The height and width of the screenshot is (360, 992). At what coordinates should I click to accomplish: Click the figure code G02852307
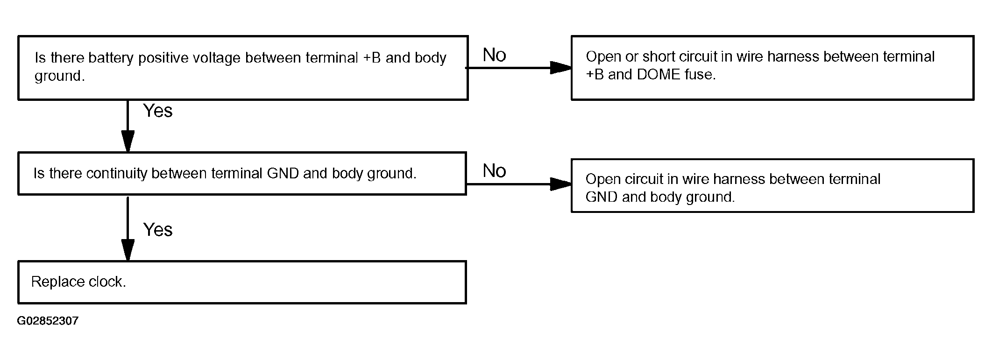point(48,321)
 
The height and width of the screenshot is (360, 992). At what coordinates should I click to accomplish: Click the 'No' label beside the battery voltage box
point(494,55)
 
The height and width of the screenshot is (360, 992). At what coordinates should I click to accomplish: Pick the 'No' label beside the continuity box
point(494,171)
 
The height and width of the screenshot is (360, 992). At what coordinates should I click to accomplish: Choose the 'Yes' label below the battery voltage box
point(158,111)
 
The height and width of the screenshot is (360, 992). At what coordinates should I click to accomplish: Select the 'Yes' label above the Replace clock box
point(158,230)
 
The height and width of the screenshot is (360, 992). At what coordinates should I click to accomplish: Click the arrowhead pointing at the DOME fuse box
point(560,68)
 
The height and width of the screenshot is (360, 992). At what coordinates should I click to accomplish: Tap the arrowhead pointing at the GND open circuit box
point(560,184)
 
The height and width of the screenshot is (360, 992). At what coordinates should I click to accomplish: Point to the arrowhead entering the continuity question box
point(128,141)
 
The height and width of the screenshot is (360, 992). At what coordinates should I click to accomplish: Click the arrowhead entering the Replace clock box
point(128,250)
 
